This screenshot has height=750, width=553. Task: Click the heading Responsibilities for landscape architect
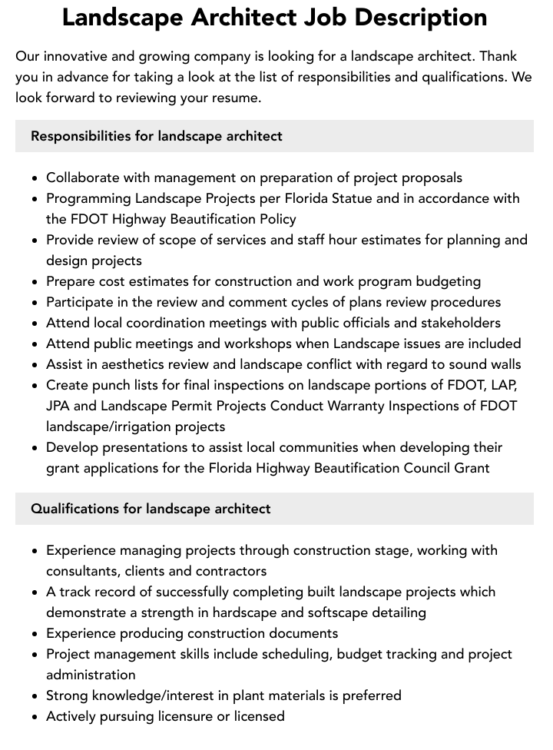(x=157, y=136)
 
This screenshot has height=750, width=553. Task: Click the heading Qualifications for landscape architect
(x=151, y=509)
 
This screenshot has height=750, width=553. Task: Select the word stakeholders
(x=459, y=323)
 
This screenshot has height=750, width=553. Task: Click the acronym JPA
(x=60, y=406)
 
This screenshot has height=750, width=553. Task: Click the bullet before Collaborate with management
(x=35, y=178)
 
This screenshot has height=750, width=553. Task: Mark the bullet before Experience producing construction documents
(x=35, y=634)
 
